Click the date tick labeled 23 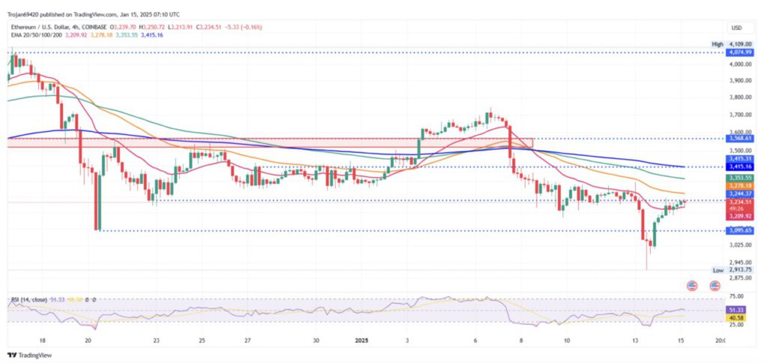click(x=156, y=339)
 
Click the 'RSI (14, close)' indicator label click(x=28, y=299)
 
